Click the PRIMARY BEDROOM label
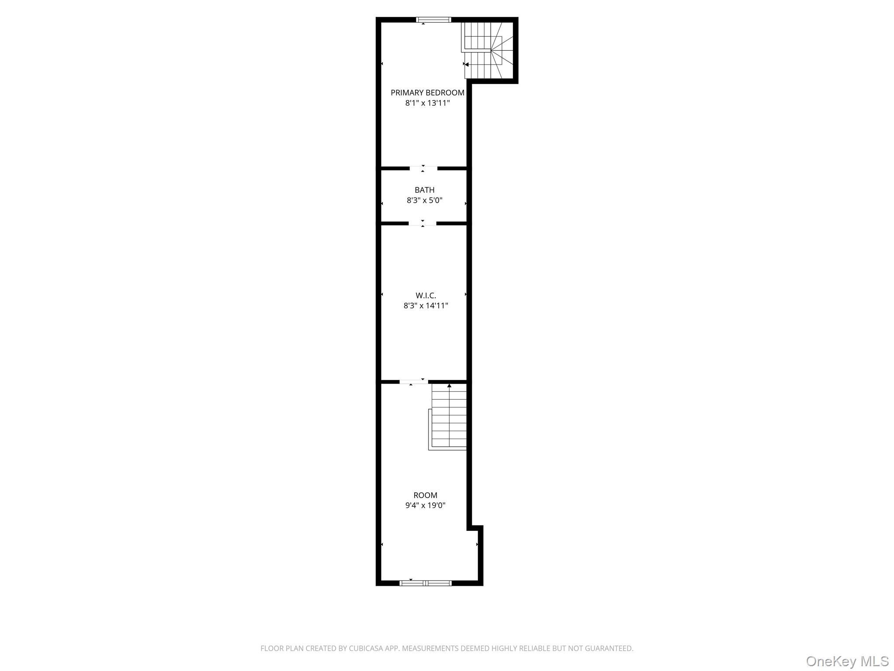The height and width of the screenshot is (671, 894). pyautogui.click(x=427, y=93)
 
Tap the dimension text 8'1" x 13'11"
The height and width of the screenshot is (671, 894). pyautogui.click(x=427, y=103)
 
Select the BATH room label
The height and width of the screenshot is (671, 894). pyautogui.click(x=425, y=190)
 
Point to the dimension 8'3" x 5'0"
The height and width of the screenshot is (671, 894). pyautogui.click(x=425, y=201)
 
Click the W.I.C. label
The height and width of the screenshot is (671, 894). pyautogui.click(x=426, y=296)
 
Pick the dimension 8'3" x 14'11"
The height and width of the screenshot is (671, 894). pyautogui.click(x=426, y=306)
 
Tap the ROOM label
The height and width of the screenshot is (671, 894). pyautogui.click(x=425, y=495)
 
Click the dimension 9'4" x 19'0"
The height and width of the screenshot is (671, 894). pyautogui.click(x=425, y=505)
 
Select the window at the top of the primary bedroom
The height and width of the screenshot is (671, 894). pyautogui.click(x=433, y=20)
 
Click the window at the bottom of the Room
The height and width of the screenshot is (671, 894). pyautogui.click(x=426, y=583)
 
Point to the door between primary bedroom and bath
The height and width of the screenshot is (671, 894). pyautogui.click(x=423, y=168)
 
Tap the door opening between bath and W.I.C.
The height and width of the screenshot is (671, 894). pyautogui.click(x=423, y=223)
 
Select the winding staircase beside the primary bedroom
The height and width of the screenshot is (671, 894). pyautogui.click(x=489, y=50)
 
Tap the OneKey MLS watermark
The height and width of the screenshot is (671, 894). pyautogui.click(x=847, y=661)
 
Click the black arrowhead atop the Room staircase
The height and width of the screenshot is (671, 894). pyautogui.click(x=449, y=386)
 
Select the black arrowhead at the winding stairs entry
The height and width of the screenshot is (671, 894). pyautogui.click(x=467, y=65)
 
